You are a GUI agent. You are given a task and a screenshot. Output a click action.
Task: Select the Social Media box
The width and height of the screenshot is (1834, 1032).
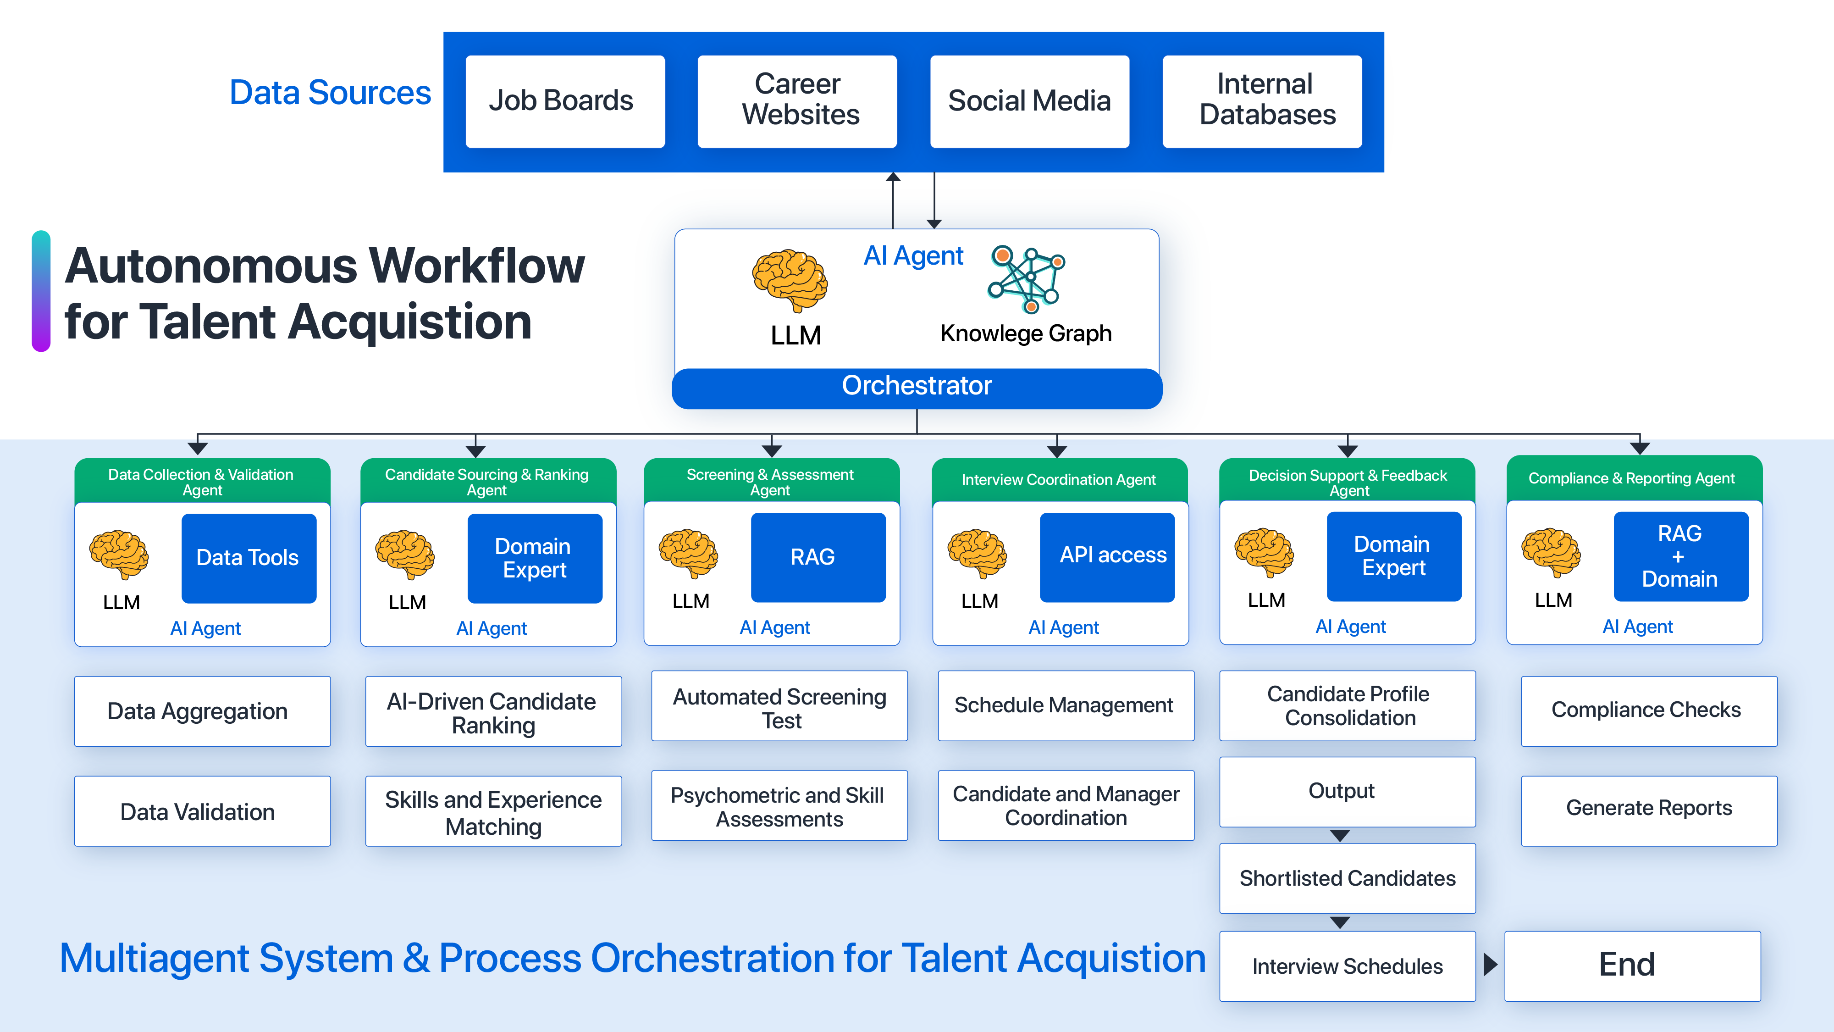pos(1029,101)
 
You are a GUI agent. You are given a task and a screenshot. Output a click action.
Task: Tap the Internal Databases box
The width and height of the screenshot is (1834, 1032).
pos(1262,101)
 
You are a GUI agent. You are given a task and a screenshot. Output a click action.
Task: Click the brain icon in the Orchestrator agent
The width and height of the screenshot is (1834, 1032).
pos(790,281)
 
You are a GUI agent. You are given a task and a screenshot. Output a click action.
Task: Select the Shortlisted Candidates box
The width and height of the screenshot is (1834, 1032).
pos(1347,878)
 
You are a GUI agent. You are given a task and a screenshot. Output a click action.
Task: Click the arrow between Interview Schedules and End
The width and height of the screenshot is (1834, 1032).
pos(1490,965)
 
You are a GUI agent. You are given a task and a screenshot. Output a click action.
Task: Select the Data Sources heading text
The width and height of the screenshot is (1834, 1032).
pos(330,93)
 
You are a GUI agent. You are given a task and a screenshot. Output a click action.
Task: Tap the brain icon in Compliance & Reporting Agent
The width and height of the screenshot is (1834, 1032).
pos(1551,552)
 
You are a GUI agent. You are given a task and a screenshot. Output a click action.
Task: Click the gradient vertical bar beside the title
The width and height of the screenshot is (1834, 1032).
pos(41,291)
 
